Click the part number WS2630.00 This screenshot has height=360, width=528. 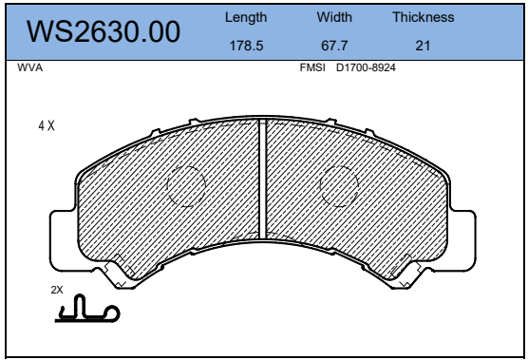pyautogui.click(x=104, y=31)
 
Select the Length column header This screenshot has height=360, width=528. pyautogui.click(x=246, y=17)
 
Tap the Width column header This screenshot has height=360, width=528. pyautogui.click(x=334, y=17)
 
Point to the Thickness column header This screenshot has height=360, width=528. pyautogui.click(x=424, y=17)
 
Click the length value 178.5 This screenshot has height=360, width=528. pyautogui.click(x=246, y=46)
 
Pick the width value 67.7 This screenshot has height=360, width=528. pyautogui.click(x=334, y=46)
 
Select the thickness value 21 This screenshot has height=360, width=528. pyautogui.click(x=423, y=46)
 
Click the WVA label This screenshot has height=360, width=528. pyautogui.click(x=30, y=67)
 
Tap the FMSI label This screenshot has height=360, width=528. pyautogui.click(x=312, y=67)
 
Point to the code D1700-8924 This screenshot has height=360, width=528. pyautogui.click(x=366, y=67)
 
